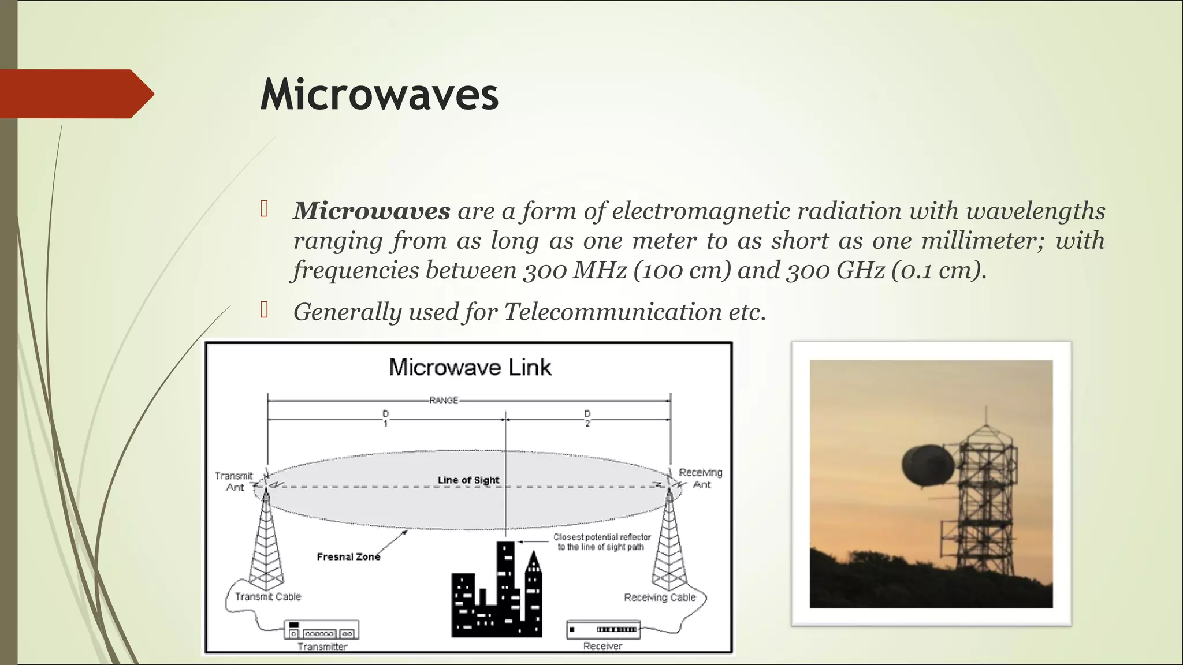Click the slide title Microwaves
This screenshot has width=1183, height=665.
coord(379,95)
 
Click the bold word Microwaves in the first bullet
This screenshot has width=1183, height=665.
coord(371,211)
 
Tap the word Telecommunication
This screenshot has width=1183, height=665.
coord(612,312)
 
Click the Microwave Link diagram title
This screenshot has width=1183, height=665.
coord(470,368)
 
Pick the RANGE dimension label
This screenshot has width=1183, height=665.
coord(444,400)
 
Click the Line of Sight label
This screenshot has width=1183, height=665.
coord(468,480)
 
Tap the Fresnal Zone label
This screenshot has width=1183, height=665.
coord(348,557)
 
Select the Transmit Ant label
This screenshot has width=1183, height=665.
coord(234,481)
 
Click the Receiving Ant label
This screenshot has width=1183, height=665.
coord(701,479)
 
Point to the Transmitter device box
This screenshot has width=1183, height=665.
coord(321,630)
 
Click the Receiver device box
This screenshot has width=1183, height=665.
coord(603,629)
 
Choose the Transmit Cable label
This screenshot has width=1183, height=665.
coord(268,597)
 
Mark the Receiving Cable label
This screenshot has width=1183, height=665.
coord(660,597)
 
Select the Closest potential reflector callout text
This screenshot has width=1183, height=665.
coord(601,542)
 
